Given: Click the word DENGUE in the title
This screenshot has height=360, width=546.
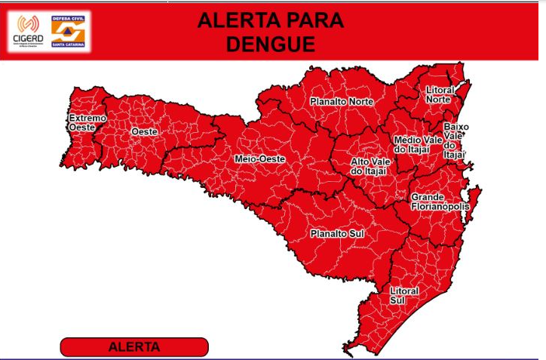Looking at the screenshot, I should (x=271, y=45).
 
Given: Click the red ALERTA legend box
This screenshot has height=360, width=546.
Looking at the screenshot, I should (x=134, y=347).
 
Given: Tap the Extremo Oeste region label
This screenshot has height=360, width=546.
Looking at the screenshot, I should (x=87, y=123).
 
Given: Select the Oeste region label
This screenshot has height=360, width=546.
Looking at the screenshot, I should (x=144, y=132).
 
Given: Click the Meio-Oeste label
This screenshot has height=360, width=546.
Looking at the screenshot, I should (x=259, y=159).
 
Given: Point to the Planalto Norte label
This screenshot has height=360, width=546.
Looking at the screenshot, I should (x=342, y=101).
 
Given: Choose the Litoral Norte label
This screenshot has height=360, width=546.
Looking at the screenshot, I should (x=440, y=94).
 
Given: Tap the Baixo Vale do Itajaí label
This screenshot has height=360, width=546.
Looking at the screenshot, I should (x=455, y=140).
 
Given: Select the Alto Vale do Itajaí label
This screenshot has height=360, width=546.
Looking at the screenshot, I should (x=369, y=166).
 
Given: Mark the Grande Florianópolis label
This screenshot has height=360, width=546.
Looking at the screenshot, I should (x=440, y=202).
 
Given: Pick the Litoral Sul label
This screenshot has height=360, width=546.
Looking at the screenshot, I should (x=403, y=294).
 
